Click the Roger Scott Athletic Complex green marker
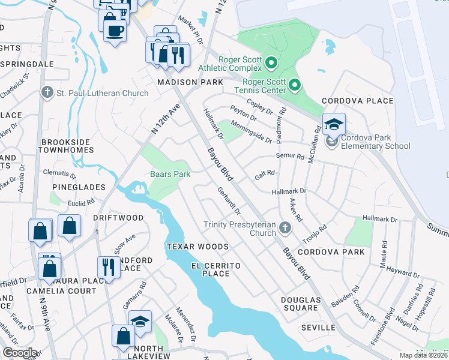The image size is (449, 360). click(x=271, y=62)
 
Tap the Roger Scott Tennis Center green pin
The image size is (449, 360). click(x=294, y=86)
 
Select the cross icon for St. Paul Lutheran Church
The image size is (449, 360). click(x=47, y=92)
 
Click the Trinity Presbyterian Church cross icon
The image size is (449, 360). click(x=285, y=227)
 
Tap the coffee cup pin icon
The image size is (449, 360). click(x=115, y=30)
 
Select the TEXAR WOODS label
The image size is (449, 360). click(x=197, y=247)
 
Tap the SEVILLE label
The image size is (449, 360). click(x=318, y=328)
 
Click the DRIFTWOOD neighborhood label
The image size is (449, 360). click(x=118, y=217)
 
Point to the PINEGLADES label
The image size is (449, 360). click(x=78, y=187)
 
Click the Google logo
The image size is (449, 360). click(x=20, y=353)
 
